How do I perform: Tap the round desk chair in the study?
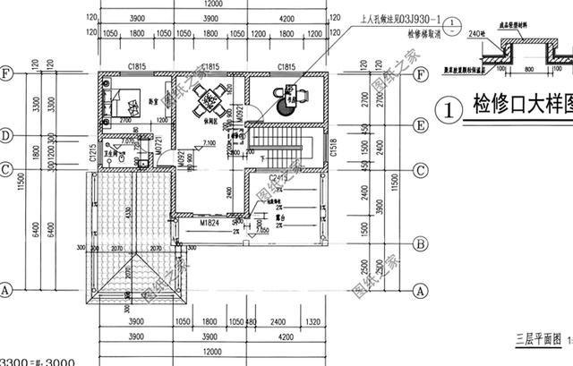pyautogui.click(x=285, y=106)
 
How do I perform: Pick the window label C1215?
pyautogui.click(x=92, y=154)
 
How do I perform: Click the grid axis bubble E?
pyautogui.click(x=421, y=126)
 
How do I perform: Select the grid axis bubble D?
pyautogui.click(x=6, y=136)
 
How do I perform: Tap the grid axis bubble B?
pyautogui.click(x=421, y=242)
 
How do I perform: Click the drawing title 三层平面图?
pyautogui.click(x=535, y=341)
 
